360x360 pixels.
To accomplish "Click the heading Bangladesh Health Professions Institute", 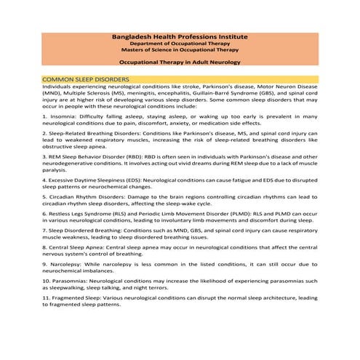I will coord(180,36).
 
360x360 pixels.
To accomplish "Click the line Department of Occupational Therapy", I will coord(180,44).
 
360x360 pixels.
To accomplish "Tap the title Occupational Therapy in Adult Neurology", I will coord(180,63).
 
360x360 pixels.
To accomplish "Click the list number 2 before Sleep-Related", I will coord(44,134).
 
